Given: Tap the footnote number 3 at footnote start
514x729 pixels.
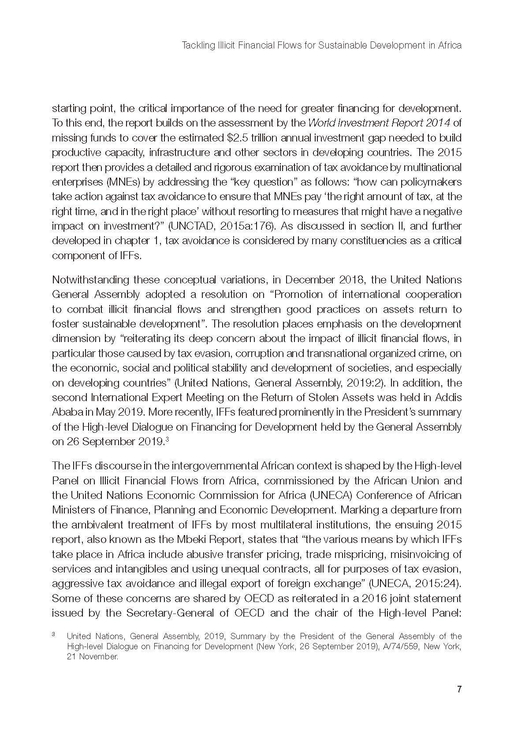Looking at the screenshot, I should [53, 635].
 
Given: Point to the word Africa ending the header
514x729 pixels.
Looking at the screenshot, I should [450, 45].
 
